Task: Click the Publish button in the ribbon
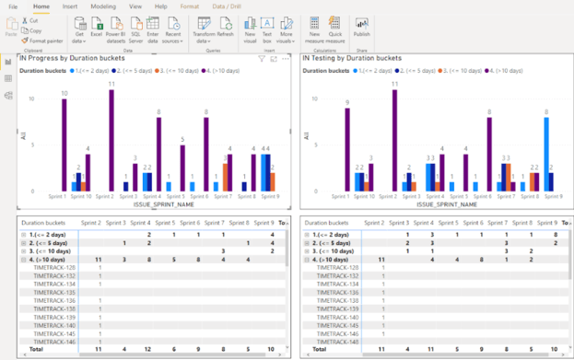(362, 29)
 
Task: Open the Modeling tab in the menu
(104, 6)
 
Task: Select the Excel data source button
(97, 29)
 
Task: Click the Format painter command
(43, 41)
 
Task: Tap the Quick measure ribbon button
(334, 29)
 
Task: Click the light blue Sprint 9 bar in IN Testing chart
(546, 153)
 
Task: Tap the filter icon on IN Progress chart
(262, 59)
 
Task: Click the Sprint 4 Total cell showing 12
(149, 351)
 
